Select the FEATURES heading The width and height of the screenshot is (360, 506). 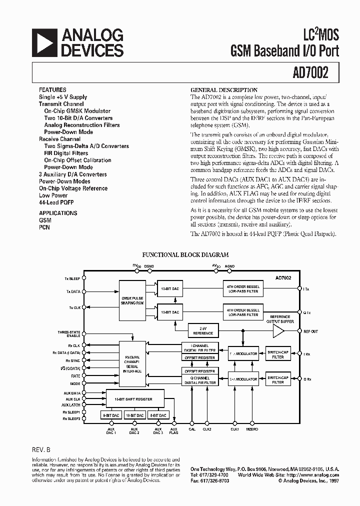[52, 90]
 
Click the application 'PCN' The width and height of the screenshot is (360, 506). [44, 227]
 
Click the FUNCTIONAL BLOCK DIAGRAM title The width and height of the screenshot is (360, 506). [185, 254]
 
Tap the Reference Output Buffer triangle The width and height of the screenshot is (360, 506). [277, 330]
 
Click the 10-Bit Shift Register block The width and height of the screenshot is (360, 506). [134, 399]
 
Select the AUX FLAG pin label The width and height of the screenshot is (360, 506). [174, 431]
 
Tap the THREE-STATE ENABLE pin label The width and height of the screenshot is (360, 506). [69, 333]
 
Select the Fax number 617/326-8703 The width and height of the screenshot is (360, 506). [209, 480]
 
